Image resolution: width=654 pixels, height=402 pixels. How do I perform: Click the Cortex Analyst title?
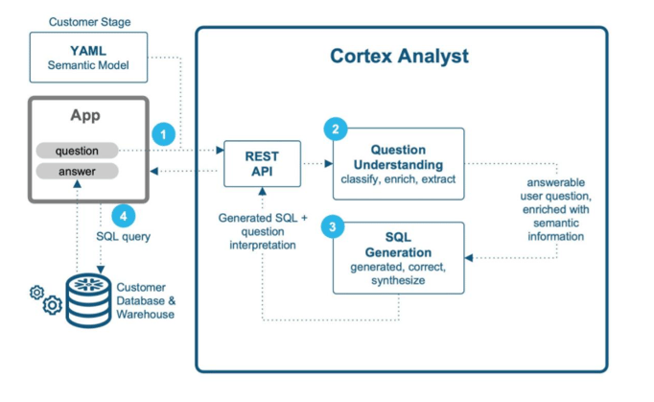(x=399, y=56)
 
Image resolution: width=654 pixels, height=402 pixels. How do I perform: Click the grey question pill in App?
(x=77, y=151)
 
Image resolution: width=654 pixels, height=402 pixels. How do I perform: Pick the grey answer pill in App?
(x=77, y=172)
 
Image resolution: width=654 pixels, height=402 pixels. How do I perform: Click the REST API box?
(x=261, y=163)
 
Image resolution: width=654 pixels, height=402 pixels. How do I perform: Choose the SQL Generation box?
(x=397, y=257)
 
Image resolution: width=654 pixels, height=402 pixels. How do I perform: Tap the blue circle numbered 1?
(x=164, y=135)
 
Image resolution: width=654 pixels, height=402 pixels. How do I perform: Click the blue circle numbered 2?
(x=334, y=130)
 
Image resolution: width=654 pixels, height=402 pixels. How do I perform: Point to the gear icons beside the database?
(x=46, y=299)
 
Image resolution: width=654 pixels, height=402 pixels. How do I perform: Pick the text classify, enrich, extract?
(x=397, y=179)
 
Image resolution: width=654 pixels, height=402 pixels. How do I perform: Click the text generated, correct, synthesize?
(x=397, y=274)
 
